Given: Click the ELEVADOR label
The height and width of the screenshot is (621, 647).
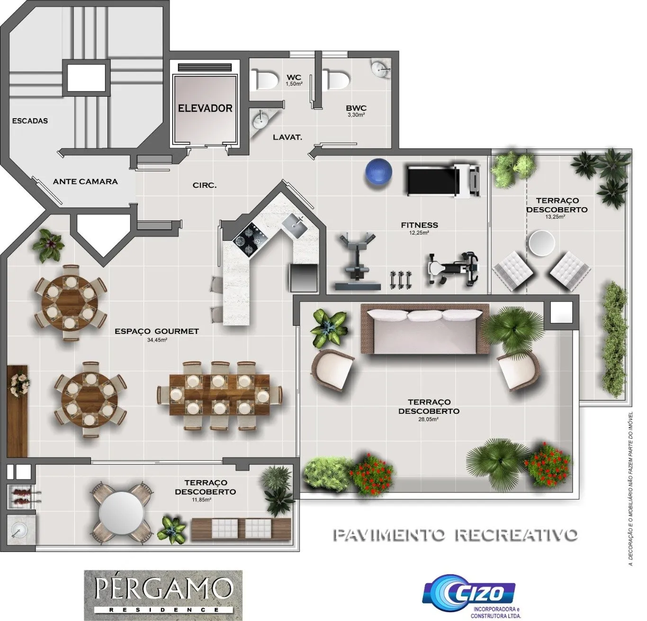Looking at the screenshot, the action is pyautogui.click(x=205, y=108).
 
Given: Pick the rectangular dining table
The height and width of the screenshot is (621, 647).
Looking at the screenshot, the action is pyautogui.click(x=219, y=394).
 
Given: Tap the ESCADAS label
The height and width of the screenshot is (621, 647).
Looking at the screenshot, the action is pyautogui.click(x=30, y=121).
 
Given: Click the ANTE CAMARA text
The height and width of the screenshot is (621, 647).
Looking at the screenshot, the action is pyautogui.click(x=85, y=182).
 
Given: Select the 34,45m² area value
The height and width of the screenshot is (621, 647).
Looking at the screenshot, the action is pyautogui.click(x=157, y=340).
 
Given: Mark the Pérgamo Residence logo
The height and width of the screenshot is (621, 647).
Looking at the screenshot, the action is pyautogui.click(x=163, y=594).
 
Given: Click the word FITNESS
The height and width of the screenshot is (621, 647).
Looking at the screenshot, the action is pyautogui.click(x=419, y=225).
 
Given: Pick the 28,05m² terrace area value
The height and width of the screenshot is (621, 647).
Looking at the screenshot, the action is pyautogui.click(x=428, y=419).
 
